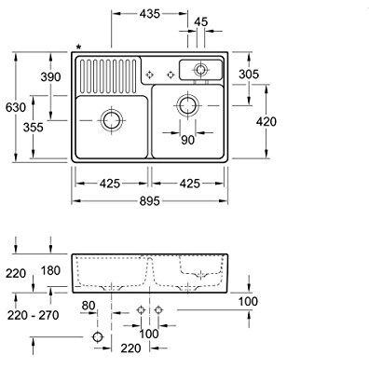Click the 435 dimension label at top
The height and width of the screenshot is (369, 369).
point(149,14)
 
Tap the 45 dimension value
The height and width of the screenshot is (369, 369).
point(200,22)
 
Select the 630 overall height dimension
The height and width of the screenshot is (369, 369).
point(16,107)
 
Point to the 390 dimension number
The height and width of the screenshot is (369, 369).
point(50,76)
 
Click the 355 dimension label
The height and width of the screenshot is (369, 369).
point(34,128)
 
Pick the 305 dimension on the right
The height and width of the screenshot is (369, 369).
point(249,75)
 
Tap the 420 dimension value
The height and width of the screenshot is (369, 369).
point(266,121)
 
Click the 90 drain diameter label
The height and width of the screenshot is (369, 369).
point(187,140)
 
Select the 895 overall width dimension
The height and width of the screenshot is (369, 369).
point(149,201)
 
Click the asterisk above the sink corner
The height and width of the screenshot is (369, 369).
point(79,48)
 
